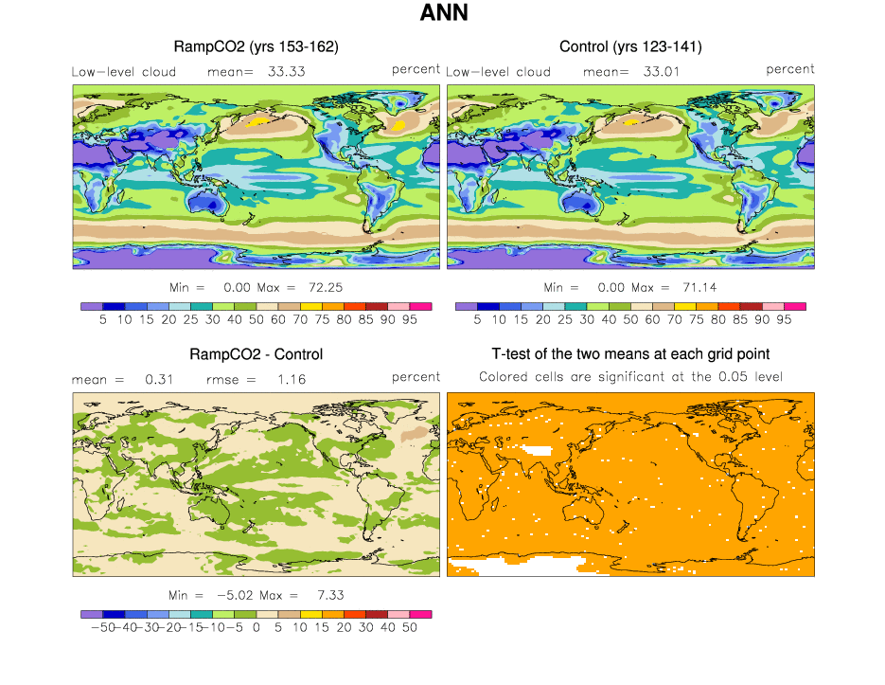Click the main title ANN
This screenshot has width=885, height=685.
[x=442, y=14]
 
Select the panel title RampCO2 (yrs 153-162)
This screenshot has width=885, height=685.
[x=257, y=46]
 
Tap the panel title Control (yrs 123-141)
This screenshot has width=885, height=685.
[x=630, y=46]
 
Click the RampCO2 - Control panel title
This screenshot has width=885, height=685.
[x=257, y=354]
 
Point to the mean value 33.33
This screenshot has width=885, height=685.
[x=285, y=71]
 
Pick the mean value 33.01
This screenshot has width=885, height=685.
[x=659, y=71]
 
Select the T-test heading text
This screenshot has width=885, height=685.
[x=630, y=354]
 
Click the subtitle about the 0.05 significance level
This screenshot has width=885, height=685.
[x=630, y=377]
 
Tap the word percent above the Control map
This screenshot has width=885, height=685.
[x=789, y=69]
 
